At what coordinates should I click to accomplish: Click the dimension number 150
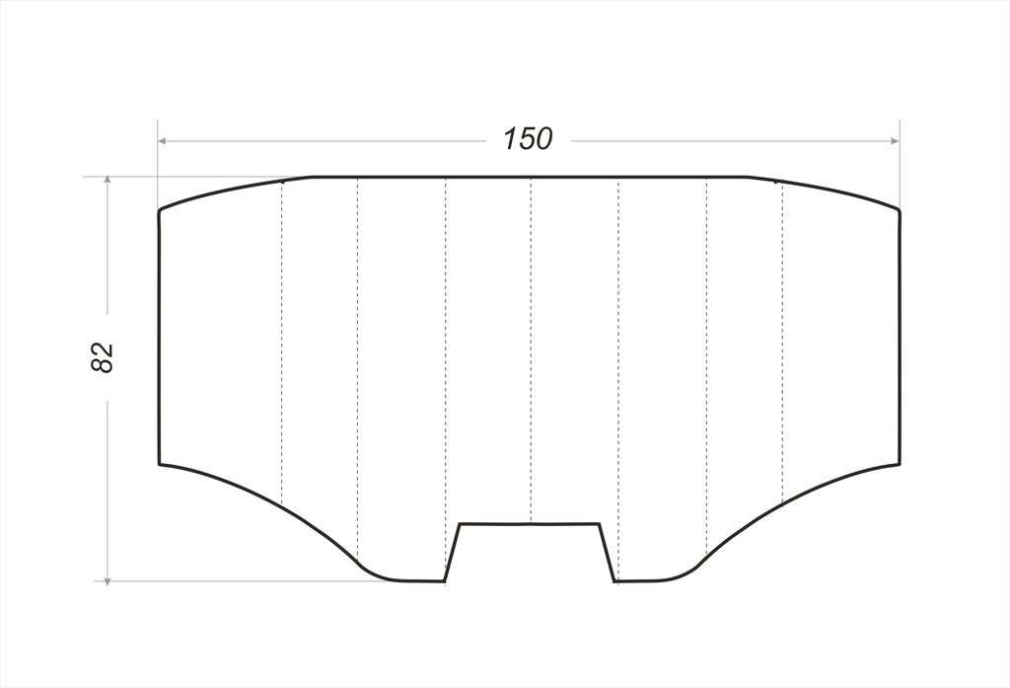528,138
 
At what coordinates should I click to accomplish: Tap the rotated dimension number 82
102,357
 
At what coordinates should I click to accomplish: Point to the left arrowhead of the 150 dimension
164,140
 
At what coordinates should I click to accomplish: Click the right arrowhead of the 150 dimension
894,140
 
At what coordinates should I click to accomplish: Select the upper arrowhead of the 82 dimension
108,181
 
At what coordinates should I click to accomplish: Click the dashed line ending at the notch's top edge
531,349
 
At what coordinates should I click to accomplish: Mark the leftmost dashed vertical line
282,343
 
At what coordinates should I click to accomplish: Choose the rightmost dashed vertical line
782,343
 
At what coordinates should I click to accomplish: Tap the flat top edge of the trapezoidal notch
530,523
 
